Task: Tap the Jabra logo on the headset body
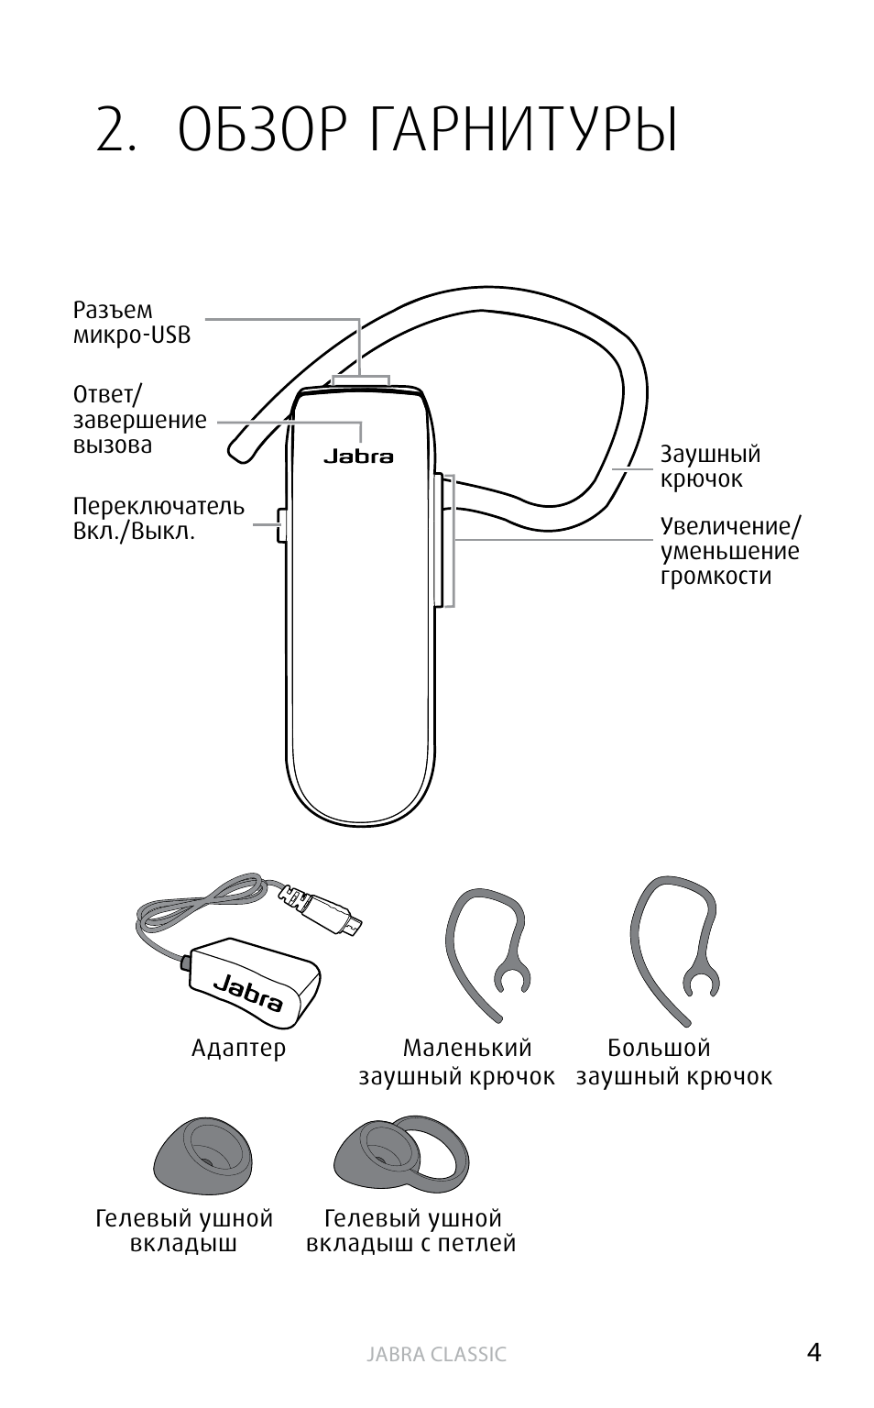[x=358, y=456]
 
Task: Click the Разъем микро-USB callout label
[x=132, y=323]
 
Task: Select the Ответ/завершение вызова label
[x=139, y=421]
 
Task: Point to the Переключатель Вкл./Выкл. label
[x=158, y=519]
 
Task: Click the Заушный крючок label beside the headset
[x=710, y=467]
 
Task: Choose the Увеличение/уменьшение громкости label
[x=730, y=551]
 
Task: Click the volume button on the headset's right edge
[x=448, y=540]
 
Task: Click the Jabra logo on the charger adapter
[x=248, y=992]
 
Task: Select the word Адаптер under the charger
[x=238, y=1048]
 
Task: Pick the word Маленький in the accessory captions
[x=466, y=1048]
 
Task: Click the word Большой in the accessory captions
[x=659, y=1048]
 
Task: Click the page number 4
[x=814, y=1352]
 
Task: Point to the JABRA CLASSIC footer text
[x=436, y=1355]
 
